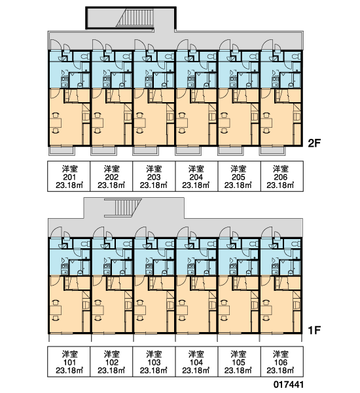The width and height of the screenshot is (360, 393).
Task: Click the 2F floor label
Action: pos(314,143)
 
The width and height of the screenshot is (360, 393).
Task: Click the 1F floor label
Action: pos(314,330)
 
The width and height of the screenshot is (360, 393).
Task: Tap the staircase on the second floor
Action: pos(135,18)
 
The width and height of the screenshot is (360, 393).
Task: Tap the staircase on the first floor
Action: pos(123,208)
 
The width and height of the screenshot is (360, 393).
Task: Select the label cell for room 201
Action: pos(69,176)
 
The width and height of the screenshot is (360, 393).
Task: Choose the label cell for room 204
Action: pos(196,176)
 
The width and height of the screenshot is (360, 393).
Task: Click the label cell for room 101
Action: pos(69,362)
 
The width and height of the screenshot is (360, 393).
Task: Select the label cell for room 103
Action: pos(154,362)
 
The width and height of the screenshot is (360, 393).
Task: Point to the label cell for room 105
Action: pos(238,362)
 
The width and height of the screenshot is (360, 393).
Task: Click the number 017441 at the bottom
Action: pos(289,384)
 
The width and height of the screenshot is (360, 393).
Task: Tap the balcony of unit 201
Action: pos(62,151)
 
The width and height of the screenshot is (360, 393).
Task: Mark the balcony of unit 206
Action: pos(272,151)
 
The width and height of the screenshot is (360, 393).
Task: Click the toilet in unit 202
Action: pos(128,56)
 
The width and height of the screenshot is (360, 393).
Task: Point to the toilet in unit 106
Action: pos(297,244)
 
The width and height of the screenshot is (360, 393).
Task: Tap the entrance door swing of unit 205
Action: pos(225,45)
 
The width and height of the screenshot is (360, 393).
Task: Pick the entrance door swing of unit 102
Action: pos(98,233)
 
